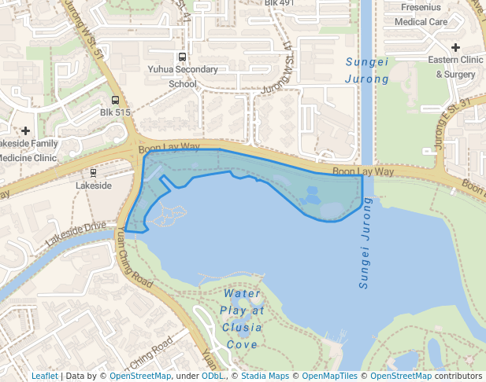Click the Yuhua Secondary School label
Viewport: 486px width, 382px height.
pyautogui.click(x=183, y=76)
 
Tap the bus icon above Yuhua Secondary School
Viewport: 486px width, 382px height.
pyautogui.click(x=183, y=57)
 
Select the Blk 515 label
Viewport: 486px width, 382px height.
pyautogui.click(x=115, y=112)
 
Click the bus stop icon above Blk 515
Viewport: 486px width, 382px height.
pyautogui.click(x=116, y=100)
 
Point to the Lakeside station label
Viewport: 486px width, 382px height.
pyautogui.click(x=93, y=185)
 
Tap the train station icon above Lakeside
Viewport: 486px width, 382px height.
pyautogui.click(x=94, y=172)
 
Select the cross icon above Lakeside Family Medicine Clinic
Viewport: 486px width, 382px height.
pyautogui.click(x=26, y=130)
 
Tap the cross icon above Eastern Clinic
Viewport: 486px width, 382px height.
pyautogui.click(x=455, y=48)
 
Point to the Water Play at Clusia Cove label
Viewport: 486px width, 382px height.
pyautogui.click(x=242, y=318)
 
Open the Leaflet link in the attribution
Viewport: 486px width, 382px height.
pyautogui.click(x=44, y=376)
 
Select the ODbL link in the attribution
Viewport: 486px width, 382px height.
pyautogui.click(x=212, y=376)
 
